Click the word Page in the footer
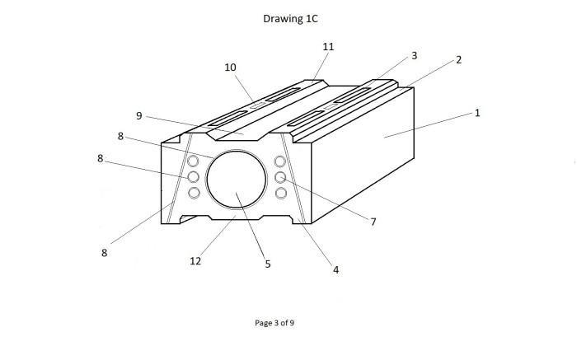click(263, 323)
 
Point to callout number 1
click(477, 113)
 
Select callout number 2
click(458, 59)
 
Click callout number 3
click(415, 55)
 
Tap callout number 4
click(335, 270)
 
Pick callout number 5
click(268, 264)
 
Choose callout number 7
click(373, 222)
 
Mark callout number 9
click(138, 116)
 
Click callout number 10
click(230, 68)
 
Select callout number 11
click(328, 47)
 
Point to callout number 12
click(195, 260)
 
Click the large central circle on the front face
click(207, 180)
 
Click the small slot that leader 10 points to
click(257, 106)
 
